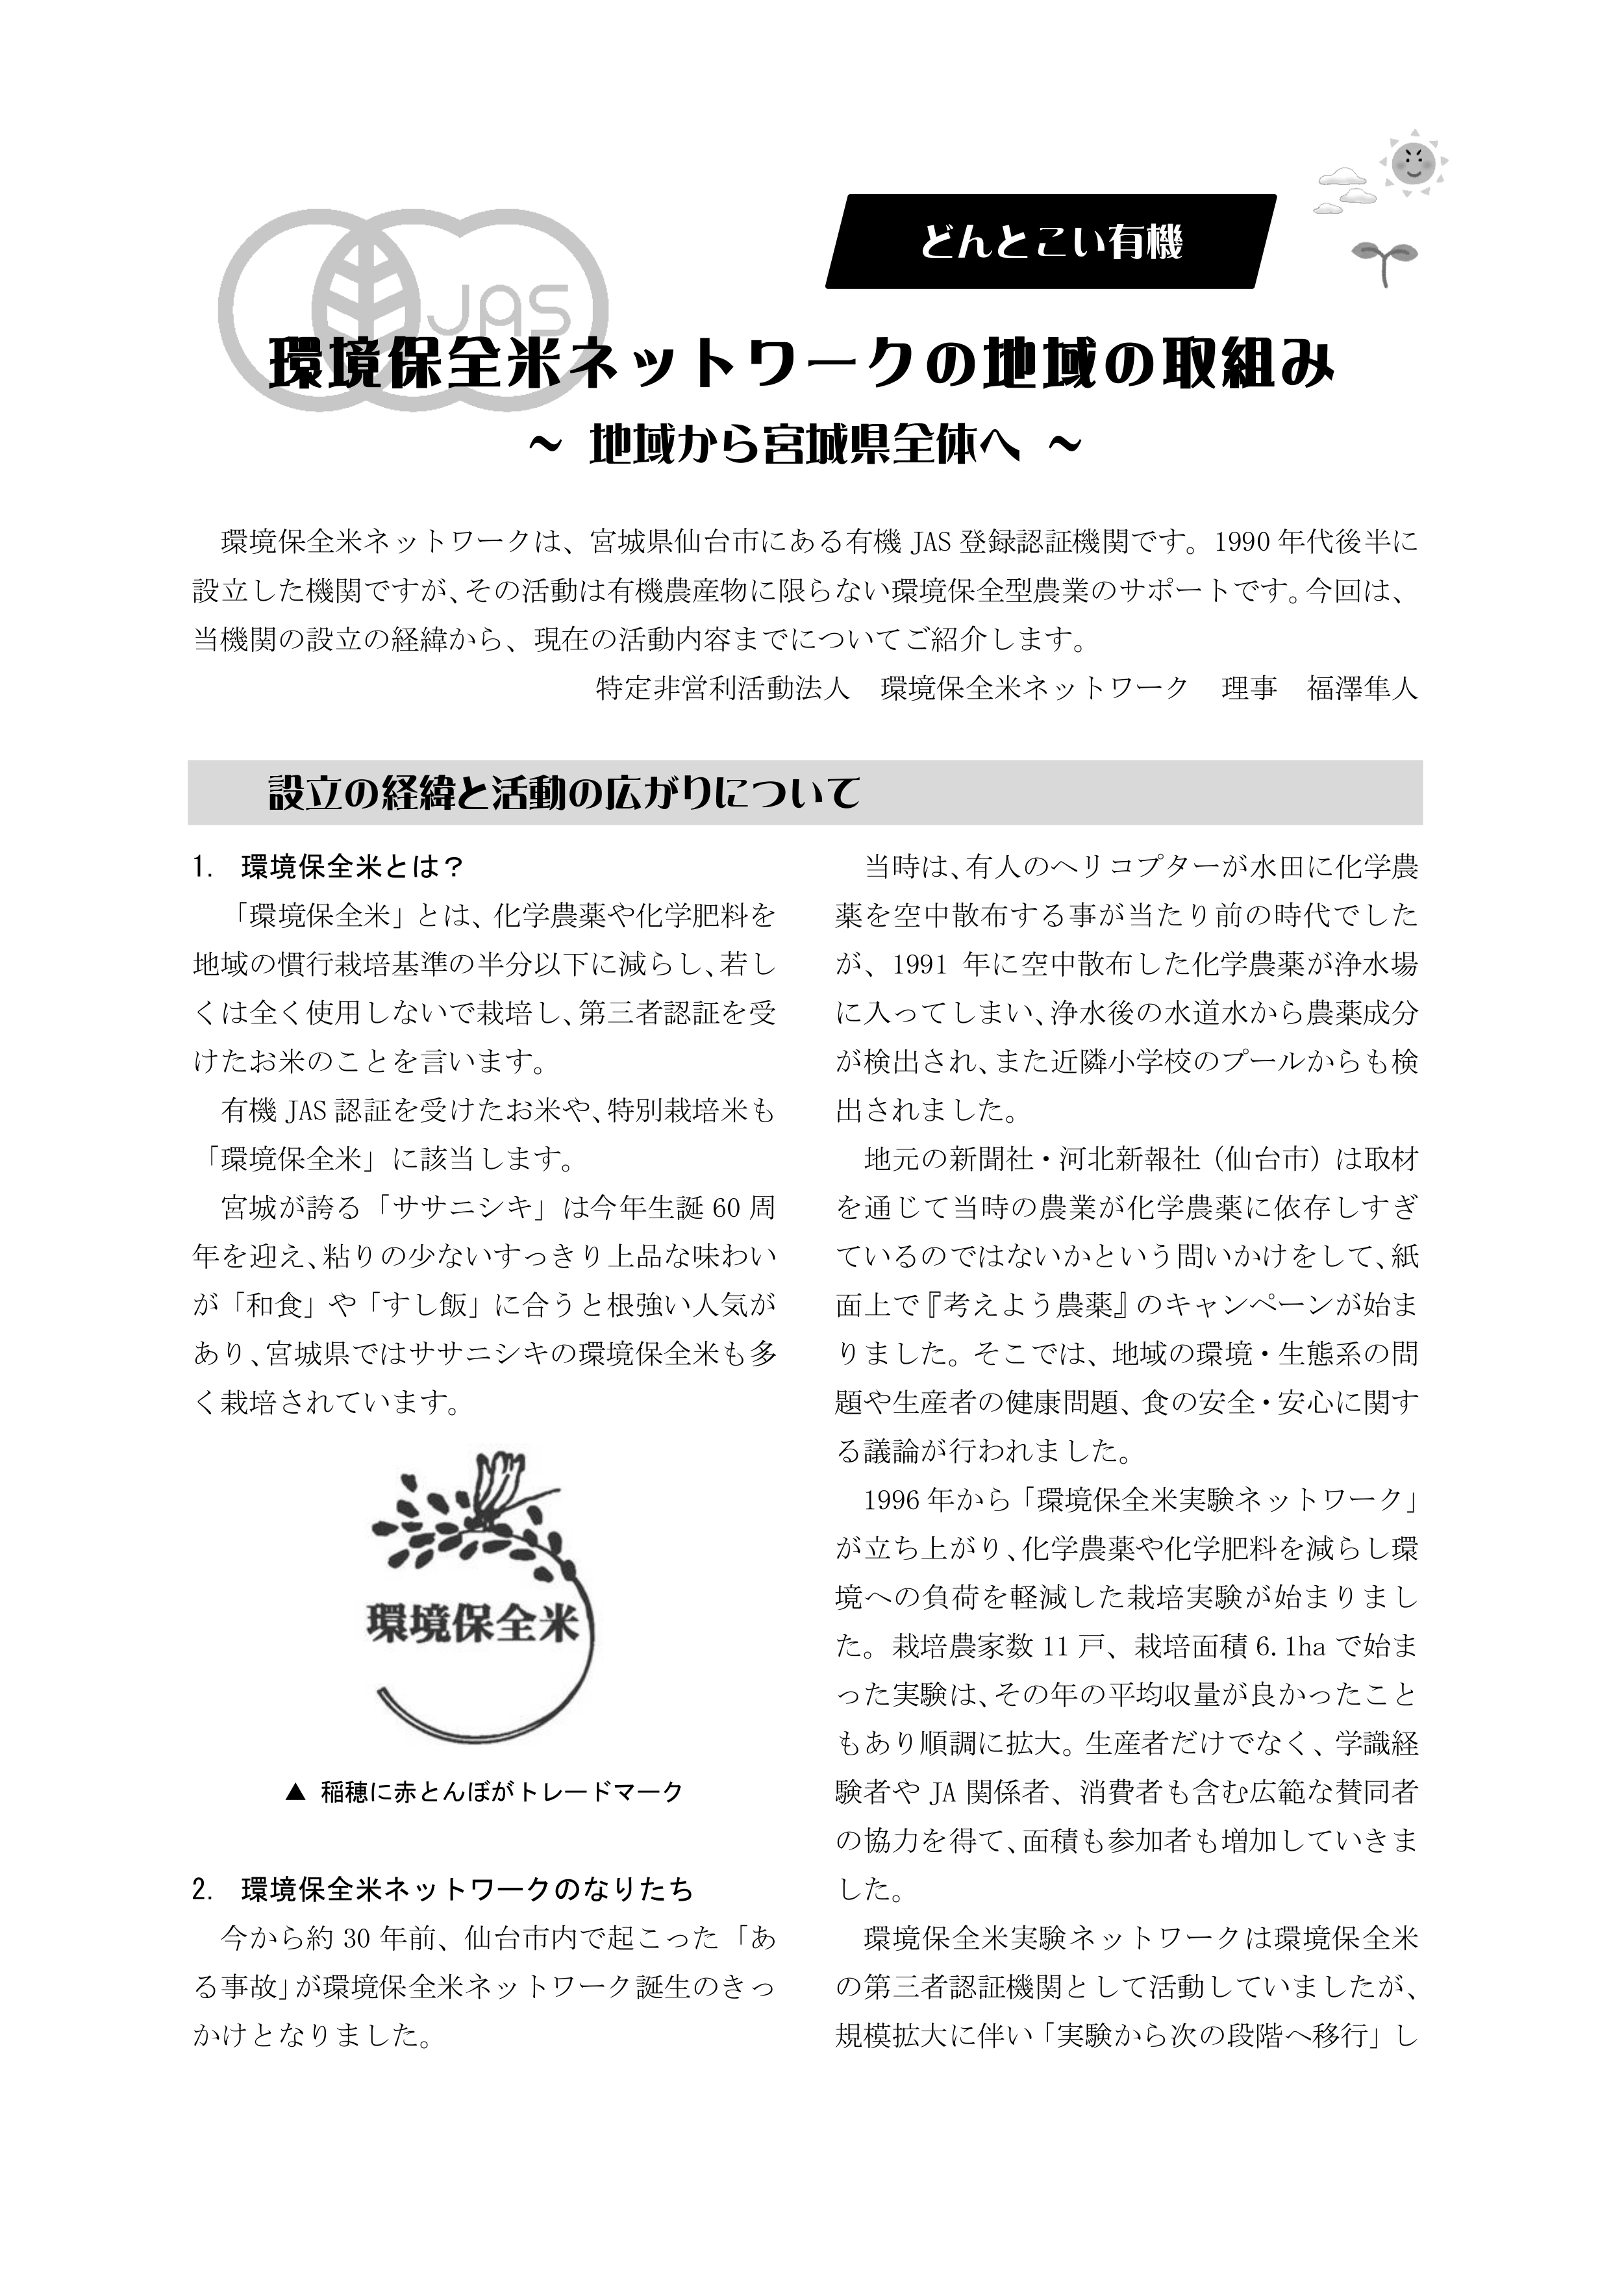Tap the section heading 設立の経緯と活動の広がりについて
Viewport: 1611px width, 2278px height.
pos(564,794)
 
